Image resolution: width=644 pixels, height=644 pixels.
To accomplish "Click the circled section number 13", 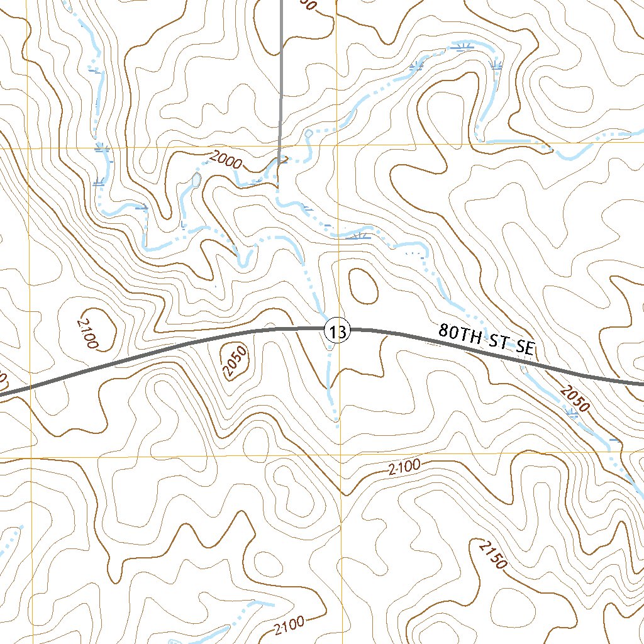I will pyautogui.click(x=337, y=331).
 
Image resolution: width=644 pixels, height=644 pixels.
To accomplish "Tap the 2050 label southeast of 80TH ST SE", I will pyautogui.click(x=573, y=398).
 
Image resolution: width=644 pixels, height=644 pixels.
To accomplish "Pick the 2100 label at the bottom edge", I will pyautogui.click(x=289, y=626).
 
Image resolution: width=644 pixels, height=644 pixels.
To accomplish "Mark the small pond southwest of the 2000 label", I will pyautogui.click(x=196, y=181).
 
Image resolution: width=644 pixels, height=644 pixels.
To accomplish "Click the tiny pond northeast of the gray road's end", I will pyautogui.click(x=308, y=134).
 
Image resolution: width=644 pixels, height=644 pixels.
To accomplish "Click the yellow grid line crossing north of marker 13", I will pyautogui.click(x=337, y=147).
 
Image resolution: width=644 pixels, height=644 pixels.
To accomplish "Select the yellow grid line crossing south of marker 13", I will pyautogui.click(x=340, y=454).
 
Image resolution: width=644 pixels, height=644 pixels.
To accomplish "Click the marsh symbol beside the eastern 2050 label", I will pyautogui.click(x=572, y=413).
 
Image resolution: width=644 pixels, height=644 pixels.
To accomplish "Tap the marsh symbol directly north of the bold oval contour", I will pyautogui.click(x=360, y=235).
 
